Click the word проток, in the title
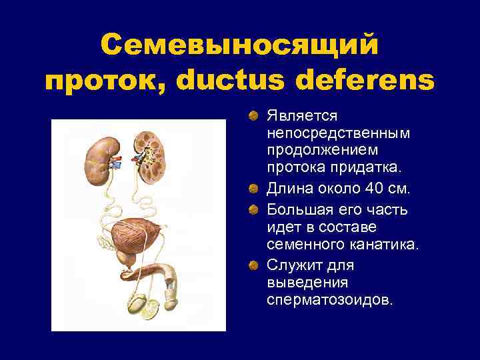107,83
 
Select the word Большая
298,210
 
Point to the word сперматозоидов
329,301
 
